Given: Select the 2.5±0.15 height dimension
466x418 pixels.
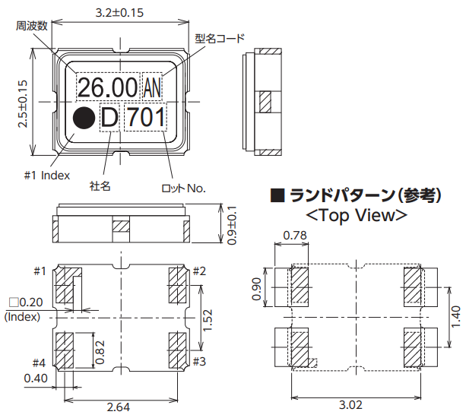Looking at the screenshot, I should (22, 103).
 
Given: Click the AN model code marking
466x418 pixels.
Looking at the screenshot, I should (152, 88).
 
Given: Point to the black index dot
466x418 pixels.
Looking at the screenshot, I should (83, 119).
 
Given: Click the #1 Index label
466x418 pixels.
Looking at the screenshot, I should (46, 175).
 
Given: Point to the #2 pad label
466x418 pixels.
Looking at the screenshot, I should (200, 271).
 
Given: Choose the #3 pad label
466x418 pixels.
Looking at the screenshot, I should (200, 360).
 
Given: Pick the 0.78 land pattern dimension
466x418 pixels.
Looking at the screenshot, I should (295, 237).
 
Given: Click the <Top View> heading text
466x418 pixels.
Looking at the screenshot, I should (355, 215).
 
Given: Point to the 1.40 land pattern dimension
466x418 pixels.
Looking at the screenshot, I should (454, 314).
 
